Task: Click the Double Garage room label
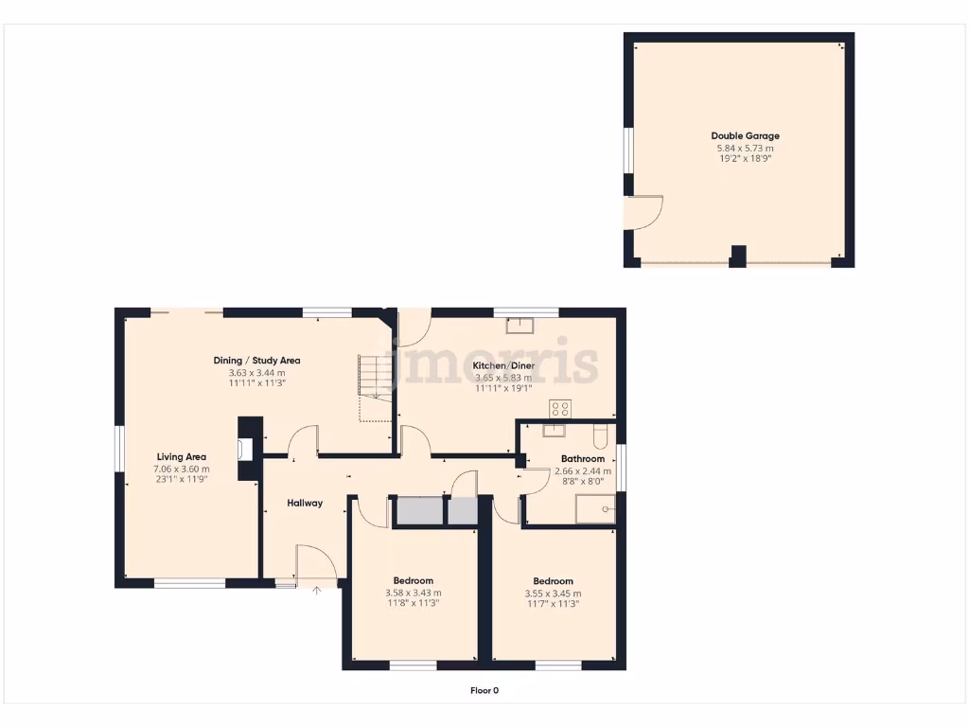[746, 136]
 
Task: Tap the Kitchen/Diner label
[503, 365]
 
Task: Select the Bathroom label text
[583, 459]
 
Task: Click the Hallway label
[305, 503]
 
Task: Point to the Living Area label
[182, 457]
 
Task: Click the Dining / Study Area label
[256, 361]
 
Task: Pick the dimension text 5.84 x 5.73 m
[746, 149]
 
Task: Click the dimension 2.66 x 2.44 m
[583, 470]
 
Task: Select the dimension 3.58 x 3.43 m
[413, 593]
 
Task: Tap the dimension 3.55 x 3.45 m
[553, 594]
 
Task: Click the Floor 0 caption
[484, 690]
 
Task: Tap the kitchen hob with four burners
[560, 409]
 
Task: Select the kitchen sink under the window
[519, 326]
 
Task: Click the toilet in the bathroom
[599, 437]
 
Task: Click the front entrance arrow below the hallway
[317, 590]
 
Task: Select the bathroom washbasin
[554, 431]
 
